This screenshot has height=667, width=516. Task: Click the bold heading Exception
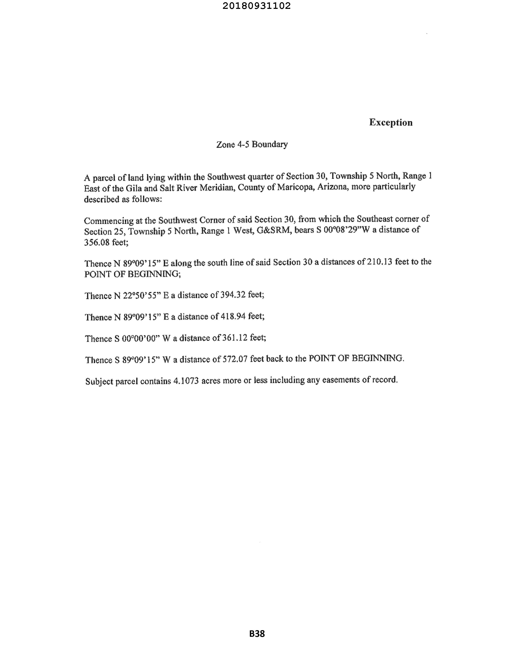click(391, 122)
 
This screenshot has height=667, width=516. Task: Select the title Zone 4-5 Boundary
click(252, 144)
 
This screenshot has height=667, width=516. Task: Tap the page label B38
click(257, 634)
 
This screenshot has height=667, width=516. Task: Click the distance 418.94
click(233, 316)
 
